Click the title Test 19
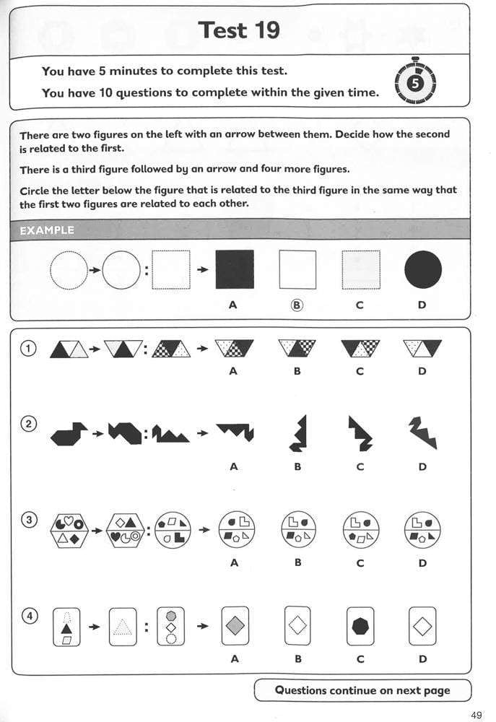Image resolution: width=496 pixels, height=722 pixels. click(x=238, y=30)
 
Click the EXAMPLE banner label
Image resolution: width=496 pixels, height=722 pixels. click(x=47, y=230)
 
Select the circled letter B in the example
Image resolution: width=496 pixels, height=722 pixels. click(x=297, y=305)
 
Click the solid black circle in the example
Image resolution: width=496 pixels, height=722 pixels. click(x=422, y=270)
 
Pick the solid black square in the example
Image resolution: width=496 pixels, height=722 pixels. click(x=235, y=270)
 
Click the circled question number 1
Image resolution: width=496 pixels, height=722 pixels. click(x=29, y=349)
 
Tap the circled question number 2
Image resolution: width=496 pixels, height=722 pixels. click(x=29, y=424)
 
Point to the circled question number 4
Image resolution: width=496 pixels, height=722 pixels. click(x=29, y=616)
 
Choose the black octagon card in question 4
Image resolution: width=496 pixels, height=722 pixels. click(x=360, y=626)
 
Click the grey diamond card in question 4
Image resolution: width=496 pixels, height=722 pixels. click(x=234, y=626)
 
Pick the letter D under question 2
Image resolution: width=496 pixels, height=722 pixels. click(x=422, y=466)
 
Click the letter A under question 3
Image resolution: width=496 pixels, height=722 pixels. click(x=234, y=562)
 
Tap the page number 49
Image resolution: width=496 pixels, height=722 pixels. click(x=477, y=714)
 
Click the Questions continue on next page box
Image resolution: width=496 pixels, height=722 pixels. click(x=362, y=690)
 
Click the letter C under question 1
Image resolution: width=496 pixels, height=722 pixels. click(x=360, y=371)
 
